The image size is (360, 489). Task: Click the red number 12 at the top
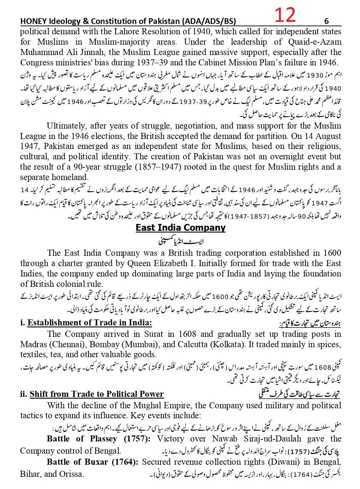pos(285,15)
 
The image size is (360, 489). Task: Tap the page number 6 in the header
pos(326,21)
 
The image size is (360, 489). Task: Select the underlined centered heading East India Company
pos(180,228)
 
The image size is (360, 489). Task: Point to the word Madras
pos(33,344)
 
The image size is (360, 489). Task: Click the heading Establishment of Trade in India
pos(90,323)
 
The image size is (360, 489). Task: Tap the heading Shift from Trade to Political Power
pos(96,394)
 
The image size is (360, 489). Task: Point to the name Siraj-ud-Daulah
pos(257,439)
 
